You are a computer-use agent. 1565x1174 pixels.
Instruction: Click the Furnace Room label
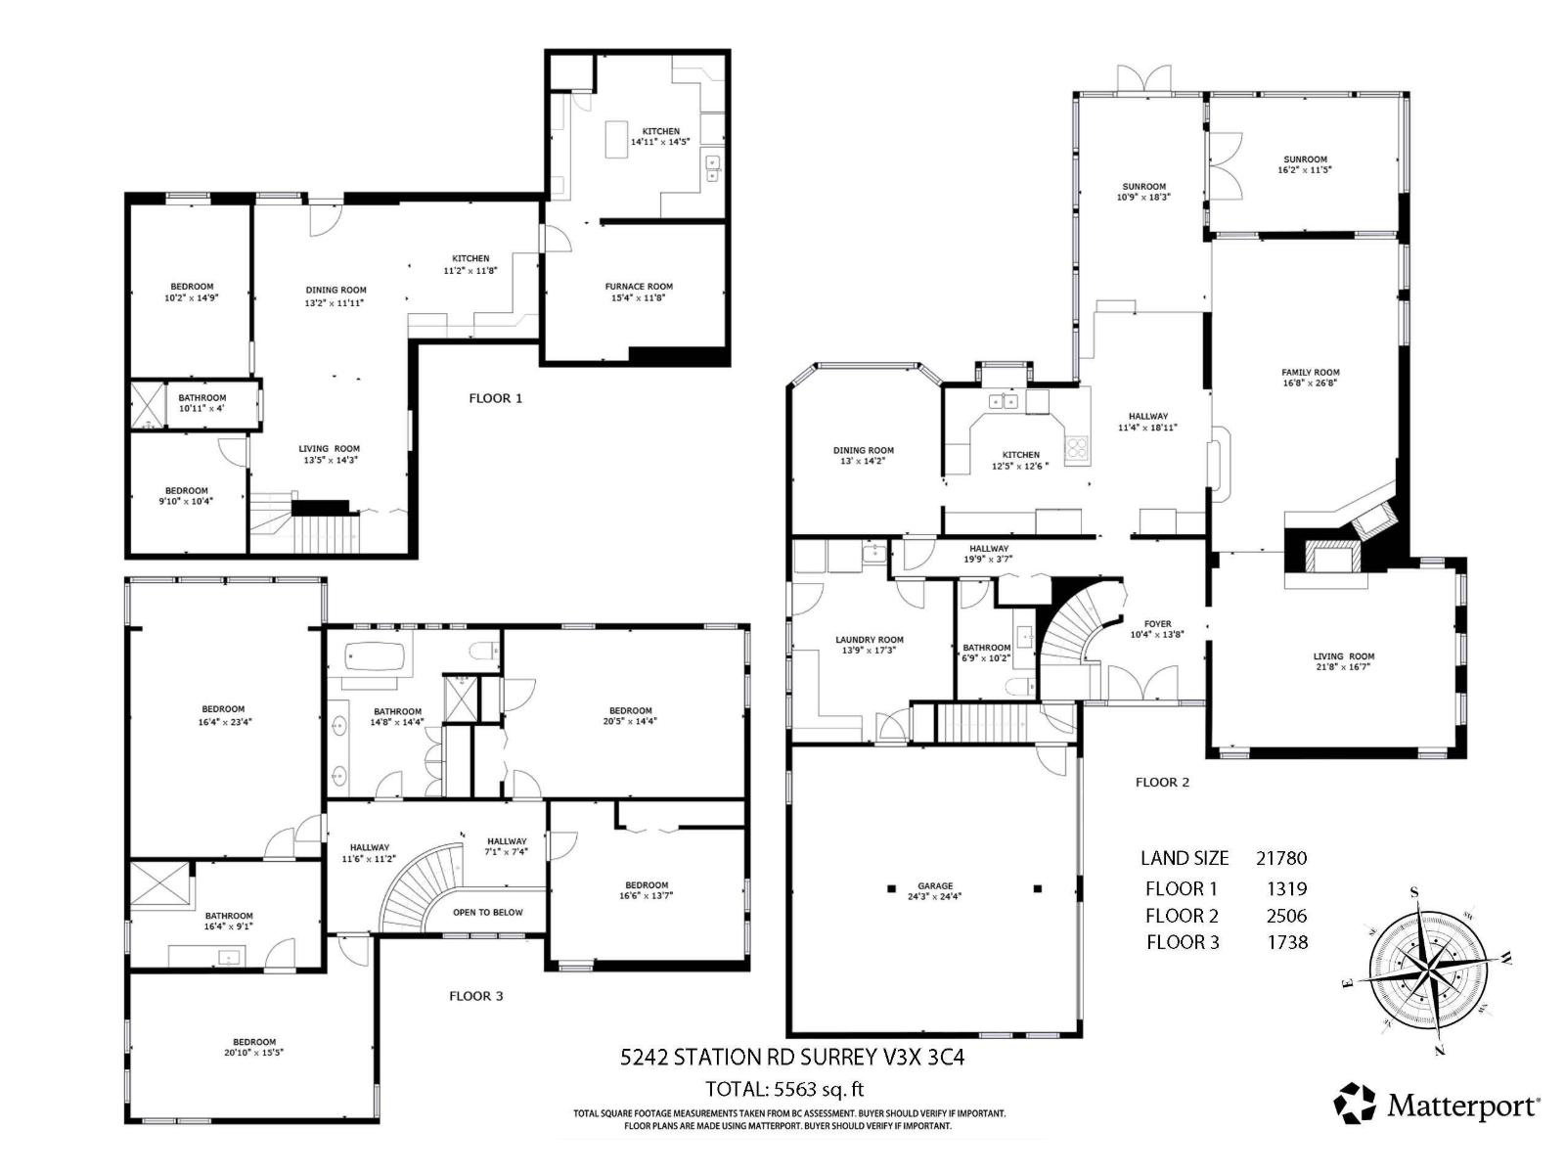click(639, 292)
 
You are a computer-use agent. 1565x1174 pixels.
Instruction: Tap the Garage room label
click(934, 890)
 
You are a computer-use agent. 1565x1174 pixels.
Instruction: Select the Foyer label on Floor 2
click(1157, 629)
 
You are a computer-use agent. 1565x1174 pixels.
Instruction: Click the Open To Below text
click(487, 912)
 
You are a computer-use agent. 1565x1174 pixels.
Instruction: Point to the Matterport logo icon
click(1355, 1103)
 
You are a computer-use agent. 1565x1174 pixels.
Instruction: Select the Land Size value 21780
click(1280, 858)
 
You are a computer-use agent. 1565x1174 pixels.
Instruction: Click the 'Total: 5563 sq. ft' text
click(784, 1089)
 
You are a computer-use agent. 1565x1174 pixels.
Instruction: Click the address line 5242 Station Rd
click(792, 1057)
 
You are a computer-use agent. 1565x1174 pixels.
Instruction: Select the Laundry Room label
click(870, 644)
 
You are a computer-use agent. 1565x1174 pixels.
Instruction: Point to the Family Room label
click(1310, 378)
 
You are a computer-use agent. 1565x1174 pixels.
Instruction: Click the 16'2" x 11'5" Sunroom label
click(1305, 164)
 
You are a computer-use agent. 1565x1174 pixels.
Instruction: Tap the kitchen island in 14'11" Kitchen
click(617, 138)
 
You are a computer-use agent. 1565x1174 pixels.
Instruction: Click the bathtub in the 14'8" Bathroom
click(372, 656)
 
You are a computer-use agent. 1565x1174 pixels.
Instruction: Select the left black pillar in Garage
click(891, 888)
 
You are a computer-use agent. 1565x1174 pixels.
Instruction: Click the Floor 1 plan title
click(495, 398)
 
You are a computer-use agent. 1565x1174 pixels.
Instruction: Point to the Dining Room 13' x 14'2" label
click(863, 455)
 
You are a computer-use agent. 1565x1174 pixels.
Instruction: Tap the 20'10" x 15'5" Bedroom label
click(254, 1047)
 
